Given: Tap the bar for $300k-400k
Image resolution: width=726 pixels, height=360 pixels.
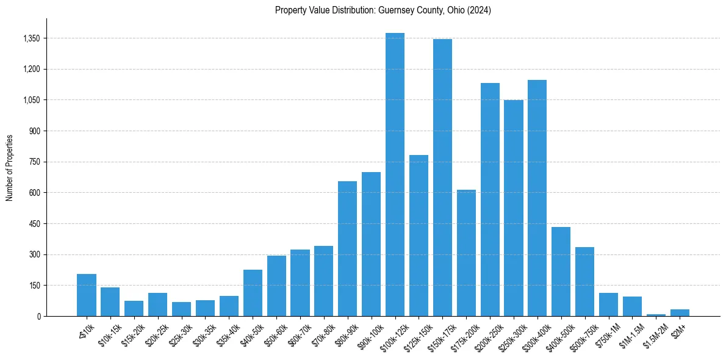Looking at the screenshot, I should point(537,198).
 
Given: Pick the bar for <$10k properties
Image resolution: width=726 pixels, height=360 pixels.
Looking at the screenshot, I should point(87,295).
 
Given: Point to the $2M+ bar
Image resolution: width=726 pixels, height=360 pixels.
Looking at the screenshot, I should point(680,312).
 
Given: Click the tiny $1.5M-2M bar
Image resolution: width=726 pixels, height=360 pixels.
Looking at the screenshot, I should point(656,315).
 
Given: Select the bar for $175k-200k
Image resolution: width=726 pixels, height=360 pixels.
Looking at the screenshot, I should point(466,253).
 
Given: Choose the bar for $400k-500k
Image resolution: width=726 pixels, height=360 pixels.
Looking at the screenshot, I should point(561,272).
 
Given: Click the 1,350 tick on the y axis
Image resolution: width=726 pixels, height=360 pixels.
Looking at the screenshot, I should point(31,38).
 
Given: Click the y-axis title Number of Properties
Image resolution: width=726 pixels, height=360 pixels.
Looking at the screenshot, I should point(10,167).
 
